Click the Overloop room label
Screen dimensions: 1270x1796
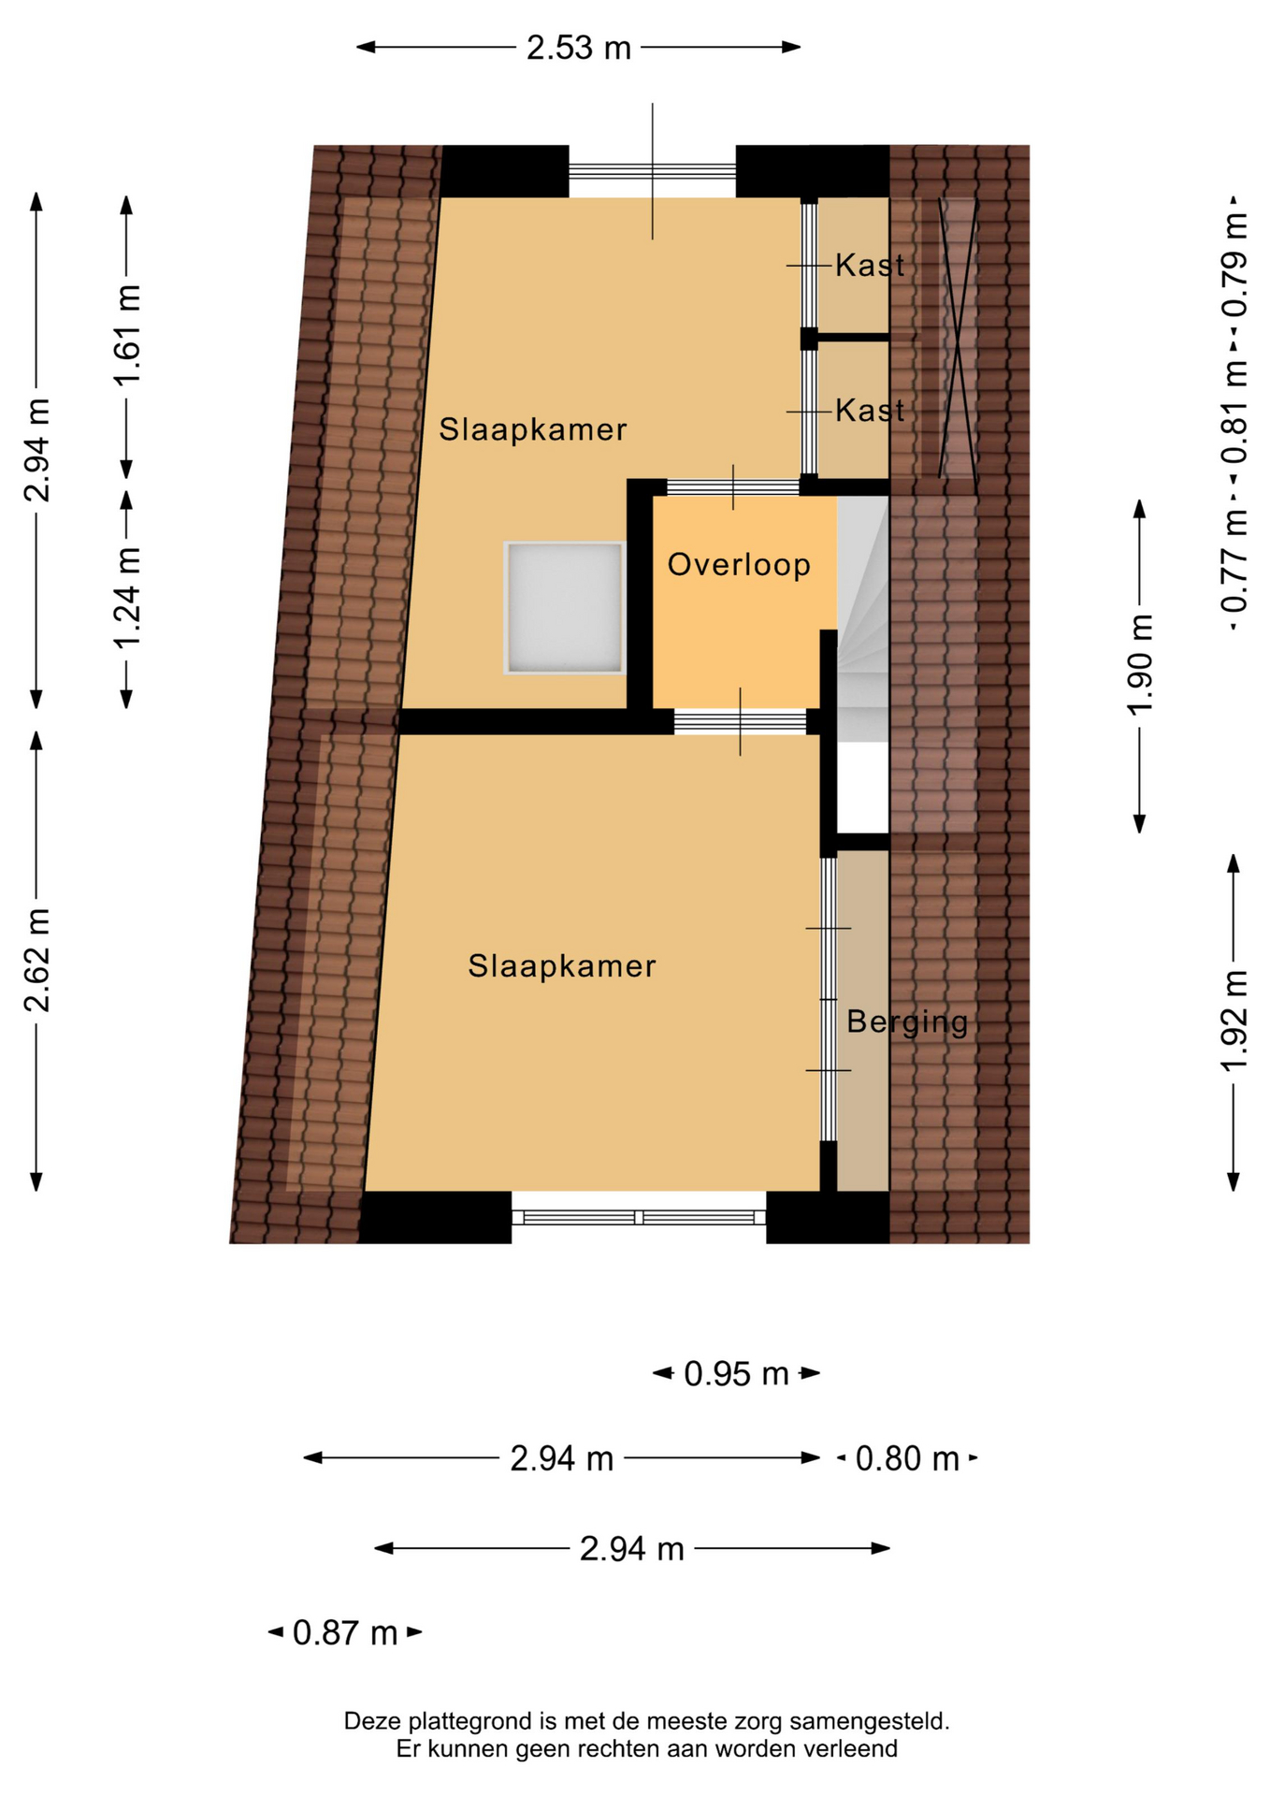pos(739,565)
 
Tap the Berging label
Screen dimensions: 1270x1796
pos(907,1021)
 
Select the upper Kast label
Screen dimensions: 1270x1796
pos(870,266)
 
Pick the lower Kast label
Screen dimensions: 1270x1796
pos(870,410)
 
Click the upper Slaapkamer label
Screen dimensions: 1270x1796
pos(533,429)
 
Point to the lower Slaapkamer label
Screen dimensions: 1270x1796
pos(562,966)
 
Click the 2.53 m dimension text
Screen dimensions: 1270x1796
pos(579,48)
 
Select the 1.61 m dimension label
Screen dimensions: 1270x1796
pos(127,335)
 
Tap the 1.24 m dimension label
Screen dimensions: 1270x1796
pos(127,598)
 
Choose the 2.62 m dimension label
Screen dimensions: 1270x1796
pos(37,960)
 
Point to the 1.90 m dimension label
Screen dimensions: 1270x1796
pos(1140,665)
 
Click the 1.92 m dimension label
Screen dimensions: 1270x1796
pos(1234,1021)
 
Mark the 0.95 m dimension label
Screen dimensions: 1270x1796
pos(737,1374)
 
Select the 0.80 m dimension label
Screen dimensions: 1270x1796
pos(907,1458)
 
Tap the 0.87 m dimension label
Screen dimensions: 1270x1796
pos(345,1633)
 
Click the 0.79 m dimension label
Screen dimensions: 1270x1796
pos(1234,266)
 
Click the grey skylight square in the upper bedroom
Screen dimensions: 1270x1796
pos(564,608)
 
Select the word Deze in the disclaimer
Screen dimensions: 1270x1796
pos(368,1721)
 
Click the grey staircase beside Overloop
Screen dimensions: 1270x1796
pos(862,618)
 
